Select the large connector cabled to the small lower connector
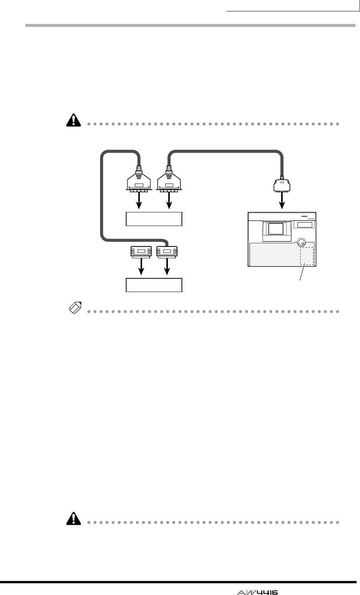[x=139, y=184]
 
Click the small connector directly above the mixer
[x=282, y=186]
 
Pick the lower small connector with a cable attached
[x=167, y=251]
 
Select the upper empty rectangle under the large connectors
[x=154, y=219]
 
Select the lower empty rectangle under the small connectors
[x=154, y=285]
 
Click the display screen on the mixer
[x=275, y=229]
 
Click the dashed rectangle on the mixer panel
[x=307, y=256]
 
